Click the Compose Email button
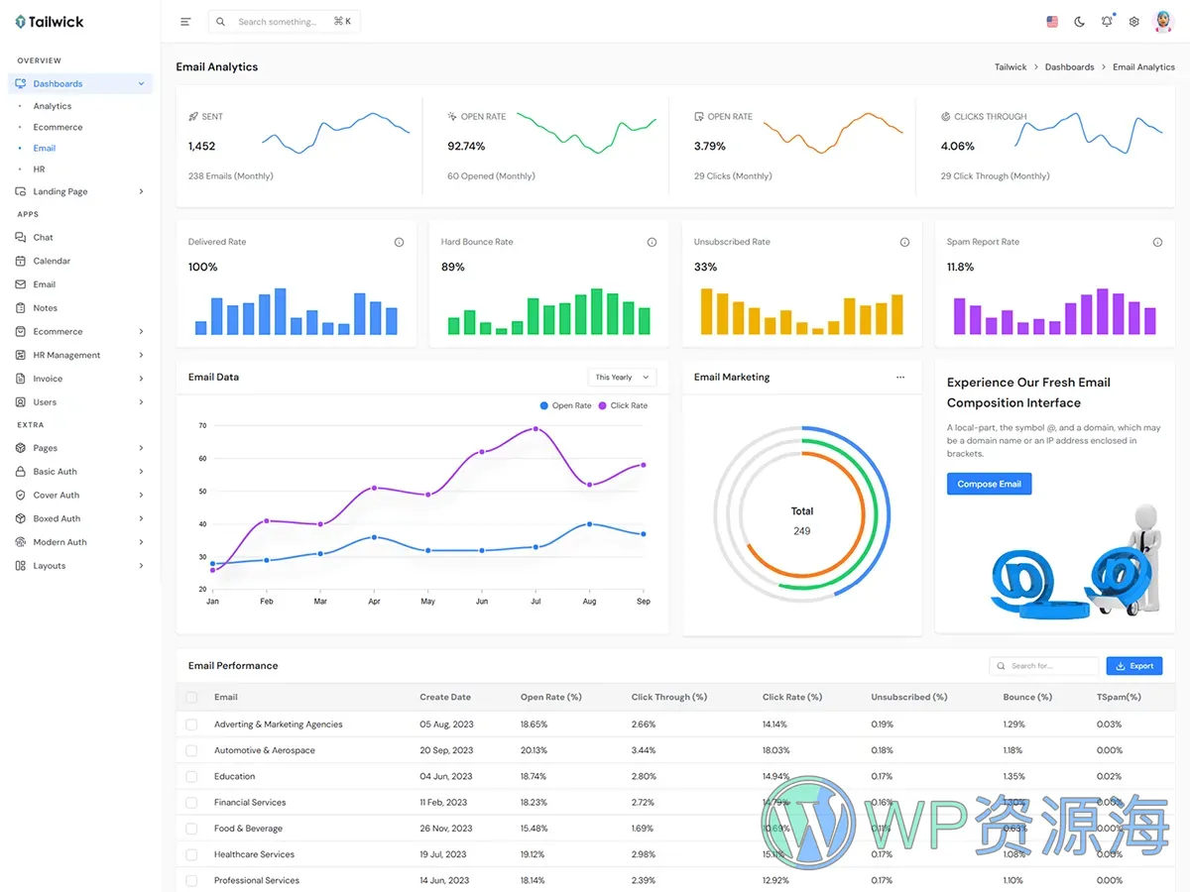[x=989, y=484]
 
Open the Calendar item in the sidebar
[x=52, y=261]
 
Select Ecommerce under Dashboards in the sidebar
[x=58, y=127]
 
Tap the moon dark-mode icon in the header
[x=1079, y=22]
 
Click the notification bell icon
[x=1107, y=22]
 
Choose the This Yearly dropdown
[x=622, y=378]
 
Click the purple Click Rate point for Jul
[x=535, y=429]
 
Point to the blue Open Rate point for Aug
[x=590, y=524]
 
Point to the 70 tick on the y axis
[x=202, y=426]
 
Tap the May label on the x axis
[x=427, y=602]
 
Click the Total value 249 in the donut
[x=801, y=531]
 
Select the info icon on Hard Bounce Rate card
[x=652, y=243]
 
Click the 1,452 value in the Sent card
[x=201, y=147]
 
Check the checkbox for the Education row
[x=191, y=777]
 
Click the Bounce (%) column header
[x=1026, y=697]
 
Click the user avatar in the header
[x=1163, y=22]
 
